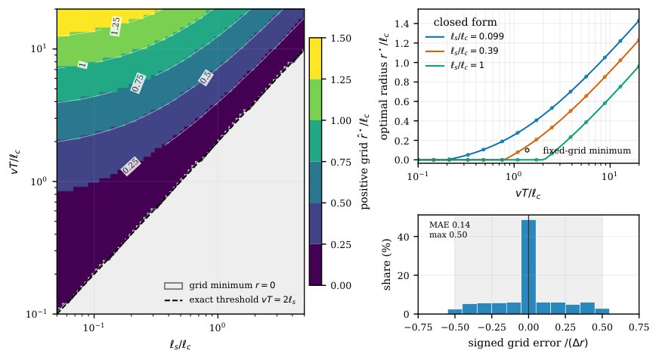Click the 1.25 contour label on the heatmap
(115, 26)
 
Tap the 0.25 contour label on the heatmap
(131, 166)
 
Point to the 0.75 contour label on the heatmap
(138, 83)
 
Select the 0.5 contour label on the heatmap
(206, 78)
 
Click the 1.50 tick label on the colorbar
(340, 39)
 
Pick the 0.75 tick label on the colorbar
(340, 162)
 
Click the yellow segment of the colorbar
(316, 58)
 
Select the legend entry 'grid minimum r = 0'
(220, 286)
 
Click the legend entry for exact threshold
(230, 299)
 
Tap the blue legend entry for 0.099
(465, 36)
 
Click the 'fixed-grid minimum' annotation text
(586, 151)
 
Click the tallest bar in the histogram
(528, 267)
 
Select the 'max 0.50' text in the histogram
(448, 234)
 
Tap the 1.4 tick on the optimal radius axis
(402, 23)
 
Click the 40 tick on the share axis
(404, 237)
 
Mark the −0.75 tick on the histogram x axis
(418, 327)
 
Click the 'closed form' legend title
(466, 22)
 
